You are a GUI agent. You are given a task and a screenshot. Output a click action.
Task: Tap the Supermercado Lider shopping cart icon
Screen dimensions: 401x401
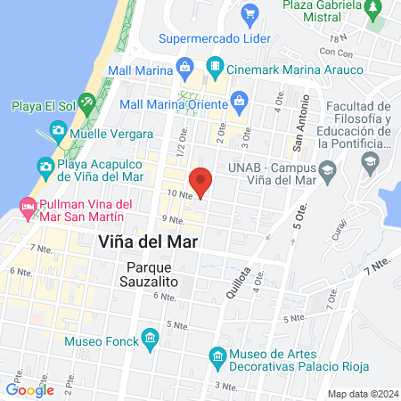tap(250, 13)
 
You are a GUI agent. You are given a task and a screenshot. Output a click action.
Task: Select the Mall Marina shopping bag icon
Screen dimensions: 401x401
tap(184, 65)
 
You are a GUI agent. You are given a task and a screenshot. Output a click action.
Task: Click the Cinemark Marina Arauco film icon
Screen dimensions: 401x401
tap(216, 65)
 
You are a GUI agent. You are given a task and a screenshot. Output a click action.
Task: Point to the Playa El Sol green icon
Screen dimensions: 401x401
tap(86, 102)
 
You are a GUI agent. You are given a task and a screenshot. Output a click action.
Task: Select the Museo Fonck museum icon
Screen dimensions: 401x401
tap(149, 339)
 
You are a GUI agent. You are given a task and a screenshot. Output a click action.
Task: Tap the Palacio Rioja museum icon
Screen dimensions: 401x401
tap(217, 357)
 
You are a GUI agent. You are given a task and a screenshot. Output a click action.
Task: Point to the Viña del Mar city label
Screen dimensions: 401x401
tap(147, 241)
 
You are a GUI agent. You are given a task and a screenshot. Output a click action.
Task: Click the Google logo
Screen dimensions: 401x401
tap(30, 389)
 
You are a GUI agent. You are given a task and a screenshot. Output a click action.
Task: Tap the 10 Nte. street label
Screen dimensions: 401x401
tap(179, 192)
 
